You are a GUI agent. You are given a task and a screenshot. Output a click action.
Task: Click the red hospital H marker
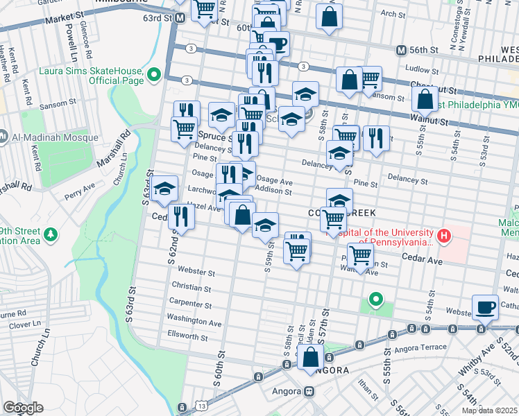pyautogui.click(x=443, y=237)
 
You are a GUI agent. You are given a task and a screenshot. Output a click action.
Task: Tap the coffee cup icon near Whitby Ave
pyautogui.click(x=485, y=307)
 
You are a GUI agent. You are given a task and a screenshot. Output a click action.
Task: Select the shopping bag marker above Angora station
pyautogui.click(x=310, y=358)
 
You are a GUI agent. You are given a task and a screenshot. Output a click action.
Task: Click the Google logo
pyautogui.click(x=23, y=407)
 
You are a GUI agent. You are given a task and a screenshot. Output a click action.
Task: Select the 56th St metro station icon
pyautogui.click(x=400, y=51)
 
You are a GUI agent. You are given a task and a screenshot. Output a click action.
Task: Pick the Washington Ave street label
pyautogui.click(x=194, y=322)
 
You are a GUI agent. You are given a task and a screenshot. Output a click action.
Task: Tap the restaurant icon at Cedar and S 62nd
pyautogui.click(x=180, y=216)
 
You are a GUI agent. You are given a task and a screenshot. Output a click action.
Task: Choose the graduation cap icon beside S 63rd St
pyautogui.click(x=164, y=191)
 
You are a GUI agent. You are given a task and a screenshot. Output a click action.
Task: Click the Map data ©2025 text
pyautogui.click(x=490, y=410)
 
